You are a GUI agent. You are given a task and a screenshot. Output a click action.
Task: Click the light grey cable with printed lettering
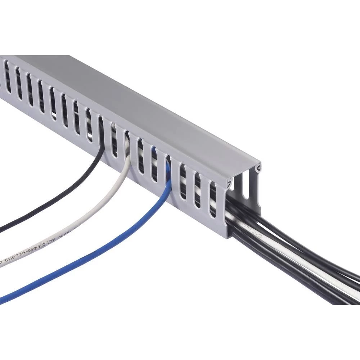(x=90, y=223)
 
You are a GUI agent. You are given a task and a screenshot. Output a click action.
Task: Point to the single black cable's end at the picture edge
(x=2, y=228)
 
